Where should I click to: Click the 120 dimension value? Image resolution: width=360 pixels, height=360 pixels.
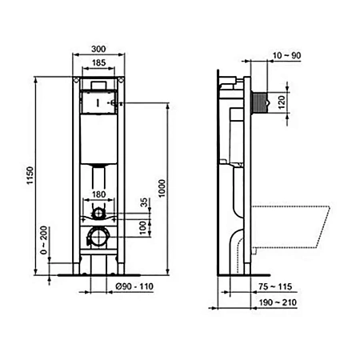click(303, 103)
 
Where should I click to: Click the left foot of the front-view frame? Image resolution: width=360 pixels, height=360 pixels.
click(81, 270)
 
